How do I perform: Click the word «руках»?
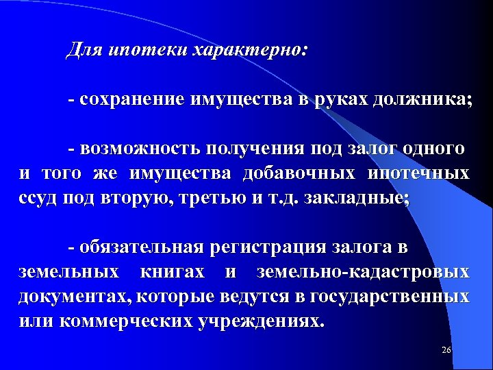(x=342, y=99)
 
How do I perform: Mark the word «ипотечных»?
(x=418, y=173)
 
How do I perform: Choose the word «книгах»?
(x=172, y=272)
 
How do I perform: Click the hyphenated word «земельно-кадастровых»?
(x=363, y=272)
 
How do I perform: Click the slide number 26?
(x=446, y=350)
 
